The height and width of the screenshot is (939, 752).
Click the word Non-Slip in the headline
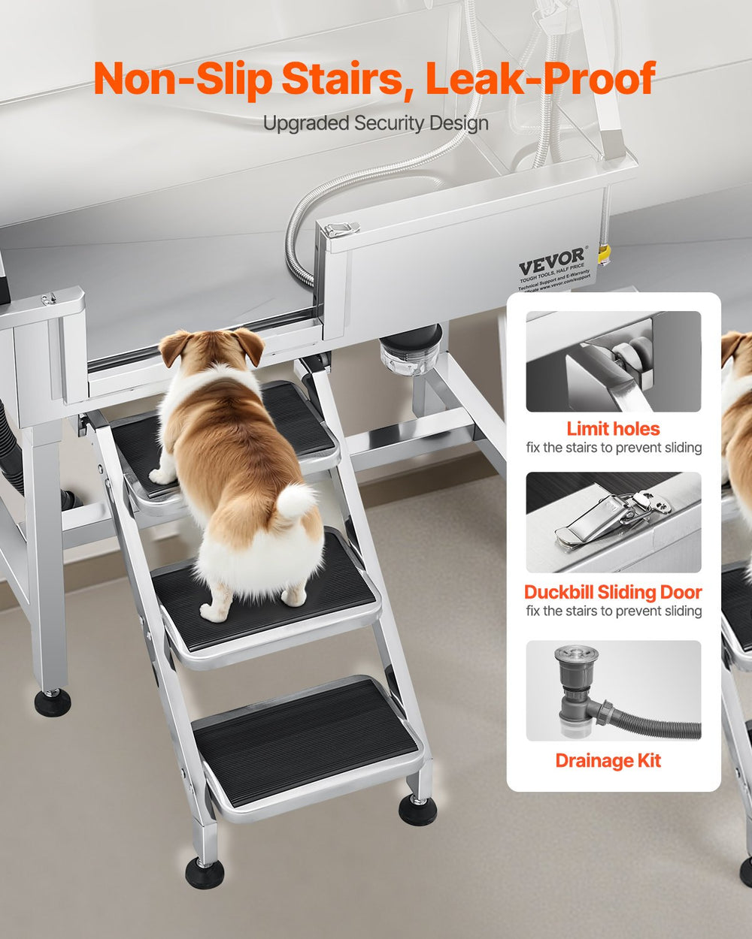click(183, 79)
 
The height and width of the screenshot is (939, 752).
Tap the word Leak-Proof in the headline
click(541, 79)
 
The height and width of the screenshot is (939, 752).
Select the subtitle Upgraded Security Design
click(375, 123)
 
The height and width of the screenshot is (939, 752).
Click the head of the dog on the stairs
click(213, 350)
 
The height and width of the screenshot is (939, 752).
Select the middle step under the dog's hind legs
click(263, 593)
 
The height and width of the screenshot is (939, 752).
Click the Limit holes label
click(613, 429)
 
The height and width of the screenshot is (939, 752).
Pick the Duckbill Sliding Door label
click(613, 592)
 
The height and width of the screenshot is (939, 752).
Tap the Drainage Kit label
click(608, 760)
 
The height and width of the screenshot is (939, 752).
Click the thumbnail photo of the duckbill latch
click(613, 522)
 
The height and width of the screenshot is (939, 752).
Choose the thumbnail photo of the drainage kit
click(613, 690)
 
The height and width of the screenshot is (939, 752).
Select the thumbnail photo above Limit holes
click(613, 361)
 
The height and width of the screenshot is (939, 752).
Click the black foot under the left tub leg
click(53, 702)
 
